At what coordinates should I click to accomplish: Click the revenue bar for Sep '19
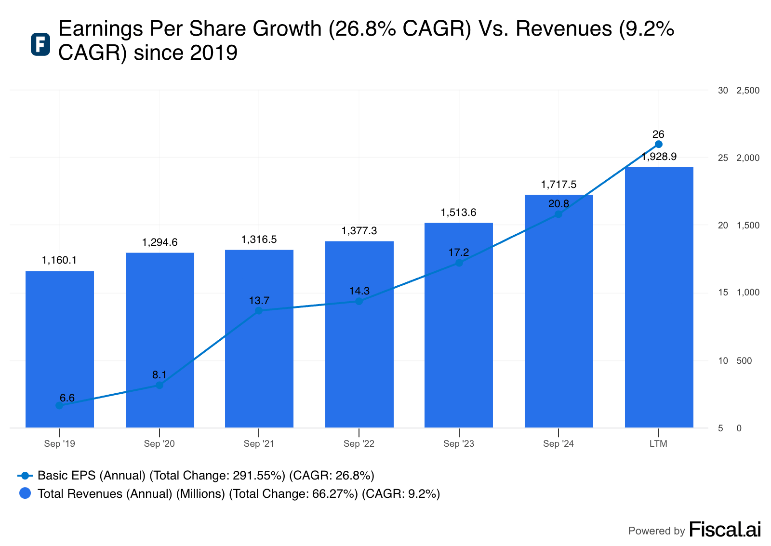[x=59, y=349]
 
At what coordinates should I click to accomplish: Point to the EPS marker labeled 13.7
[x=259, y=311]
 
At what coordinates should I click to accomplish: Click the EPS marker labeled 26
[x=659, y=144]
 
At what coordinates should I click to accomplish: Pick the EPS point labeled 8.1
[x=160, y=385]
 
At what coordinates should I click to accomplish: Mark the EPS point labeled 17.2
[x=459, y=263]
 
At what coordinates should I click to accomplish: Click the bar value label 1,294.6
[x=160, y=242]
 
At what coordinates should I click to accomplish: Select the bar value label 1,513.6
[x=458, y=213]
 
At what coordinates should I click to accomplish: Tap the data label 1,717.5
[x=558, y=185]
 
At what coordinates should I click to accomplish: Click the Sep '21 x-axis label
[x=259, y=444]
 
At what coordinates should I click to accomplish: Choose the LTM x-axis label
[x=658, y=444]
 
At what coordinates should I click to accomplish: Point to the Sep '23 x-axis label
[x=459, y=444]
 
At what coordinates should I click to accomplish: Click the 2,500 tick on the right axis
[x=748, y=91]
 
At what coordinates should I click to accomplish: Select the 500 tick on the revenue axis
[x=744, y=361]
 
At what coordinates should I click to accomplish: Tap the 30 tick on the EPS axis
[x=723, y=91]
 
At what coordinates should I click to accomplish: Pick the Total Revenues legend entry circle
[x=25, y=493]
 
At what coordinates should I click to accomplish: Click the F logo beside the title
[x=40, y=44]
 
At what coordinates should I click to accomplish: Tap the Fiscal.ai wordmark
[x=725, y=530]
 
